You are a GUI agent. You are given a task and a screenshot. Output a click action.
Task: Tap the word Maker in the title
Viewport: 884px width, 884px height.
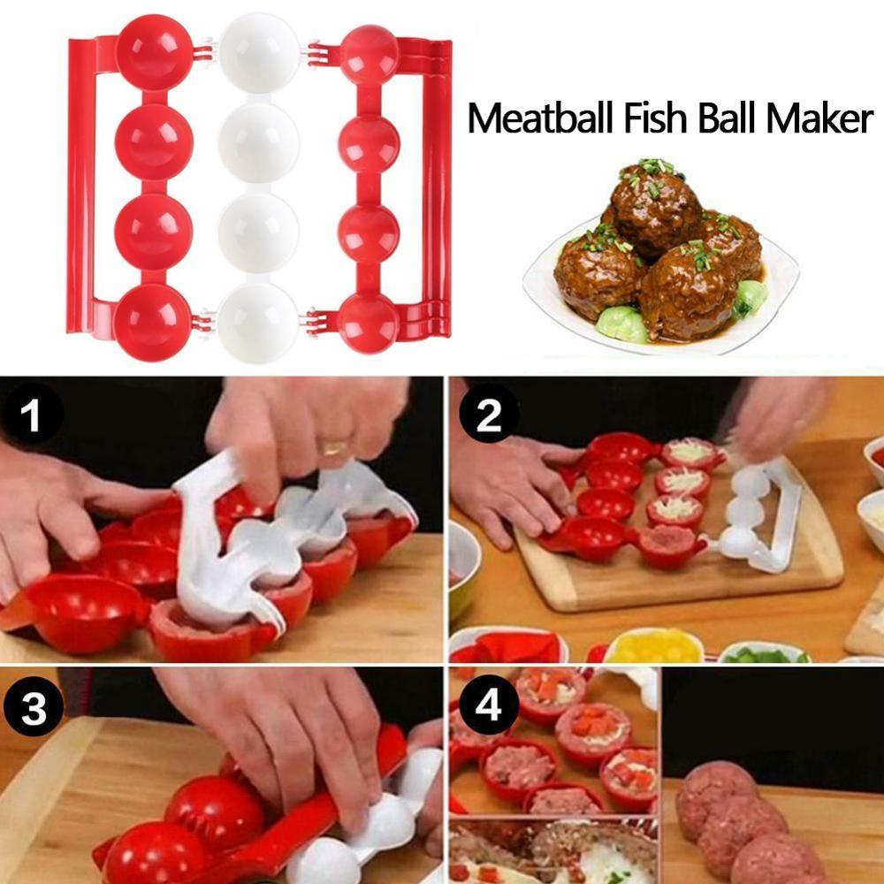pyautogui.click(x=819, y=118)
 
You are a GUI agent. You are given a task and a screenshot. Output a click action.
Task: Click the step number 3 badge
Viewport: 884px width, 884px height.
pyautogui.click(x=33, y=706)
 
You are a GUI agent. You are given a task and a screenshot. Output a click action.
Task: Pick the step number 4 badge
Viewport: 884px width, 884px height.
pyautogui.click(x=488, y=706)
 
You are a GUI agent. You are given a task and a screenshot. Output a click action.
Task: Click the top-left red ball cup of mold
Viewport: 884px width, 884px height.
pyautogui.click(x=154, y=51)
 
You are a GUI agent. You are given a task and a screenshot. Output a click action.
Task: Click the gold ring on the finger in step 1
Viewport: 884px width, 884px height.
pyautogui.click(x=333, y=448)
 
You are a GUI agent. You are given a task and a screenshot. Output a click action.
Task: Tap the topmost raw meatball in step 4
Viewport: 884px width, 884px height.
pyautogui.click(x=715, y=786)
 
